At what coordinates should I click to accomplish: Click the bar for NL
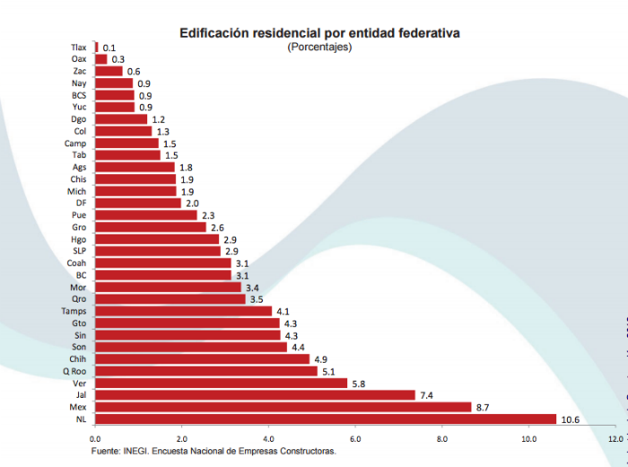pos(325,419)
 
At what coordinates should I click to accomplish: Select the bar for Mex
pos(283,407)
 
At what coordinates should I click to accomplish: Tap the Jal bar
pos(255,395)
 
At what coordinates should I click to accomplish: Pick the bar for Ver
pos(221,383)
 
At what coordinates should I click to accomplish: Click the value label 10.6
pos(570,419)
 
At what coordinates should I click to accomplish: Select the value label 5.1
pos(329,371)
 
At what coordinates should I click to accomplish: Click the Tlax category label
pos(78,47)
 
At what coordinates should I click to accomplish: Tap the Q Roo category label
pos(74,371)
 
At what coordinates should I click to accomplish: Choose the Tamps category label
pos(74,311)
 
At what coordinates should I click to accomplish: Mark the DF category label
pos(81,203)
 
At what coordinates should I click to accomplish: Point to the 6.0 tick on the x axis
pos(355,439)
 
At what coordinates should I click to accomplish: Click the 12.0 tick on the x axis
pos(615,439)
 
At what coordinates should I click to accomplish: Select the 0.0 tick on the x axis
pos(94,439)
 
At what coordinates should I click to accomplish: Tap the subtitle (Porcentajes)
pos(319,47)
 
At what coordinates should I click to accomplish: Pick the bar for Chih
pos(202,359)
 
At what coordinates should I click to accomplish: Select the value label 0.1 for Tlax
pos(109,48)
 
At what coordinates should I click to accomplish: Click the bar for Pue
pos(145,215)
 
